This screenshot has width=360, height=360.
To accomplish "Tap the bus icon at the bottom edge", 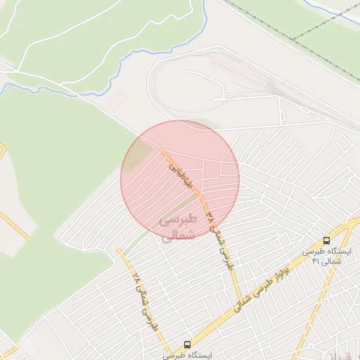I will point(187,345).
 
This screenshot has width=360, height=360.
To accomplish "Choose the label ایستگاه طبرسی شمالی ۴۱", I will point(326,256).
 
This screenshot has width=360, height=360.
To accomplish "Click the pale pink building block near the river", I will point(116,98).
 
